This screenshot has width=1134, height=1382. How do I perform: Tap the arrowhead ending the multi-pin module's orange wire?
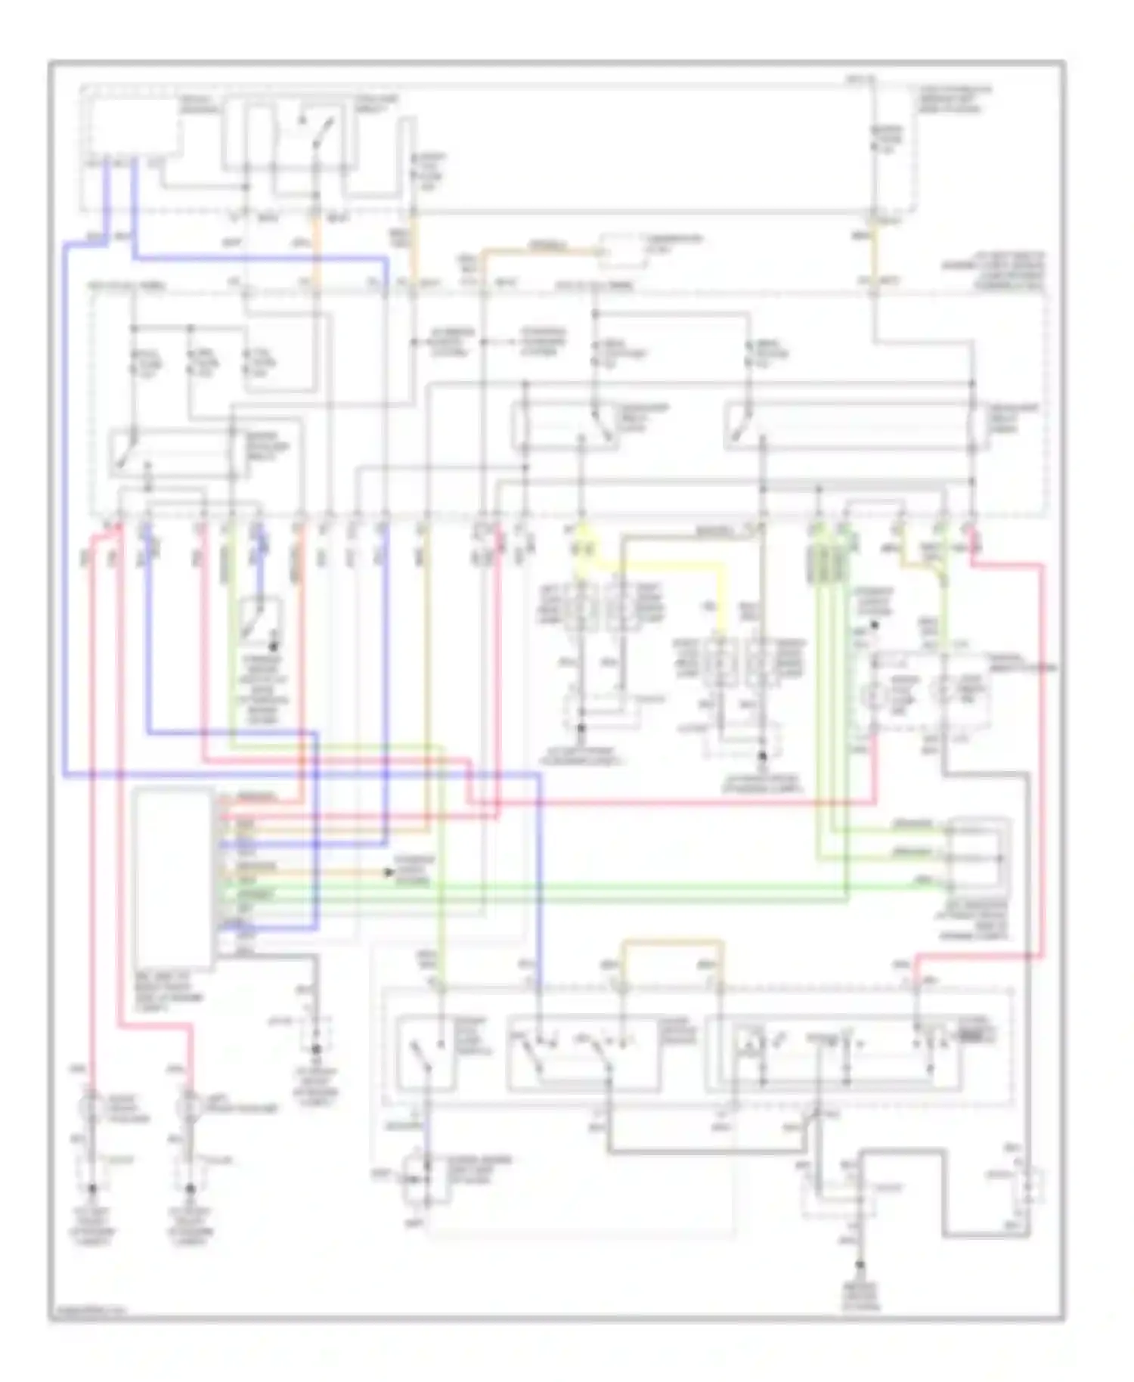point(389,872)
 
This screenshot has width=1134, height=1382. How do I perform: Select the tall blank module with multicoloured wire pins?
point(173,877)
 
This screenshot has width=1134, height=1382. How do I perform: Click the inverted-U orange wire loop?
point(671,944)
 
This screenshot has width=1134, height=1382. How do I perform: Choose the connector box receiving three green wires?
point(979,854)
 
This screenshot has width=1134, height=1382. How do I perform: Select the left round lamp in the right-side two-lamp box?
point(879,691)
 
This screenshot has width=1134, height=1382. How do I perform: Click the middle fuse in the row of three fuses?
point(191,363)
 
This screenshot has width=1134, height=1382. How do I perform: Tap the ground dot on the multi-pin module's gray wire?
point(316,1049)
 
